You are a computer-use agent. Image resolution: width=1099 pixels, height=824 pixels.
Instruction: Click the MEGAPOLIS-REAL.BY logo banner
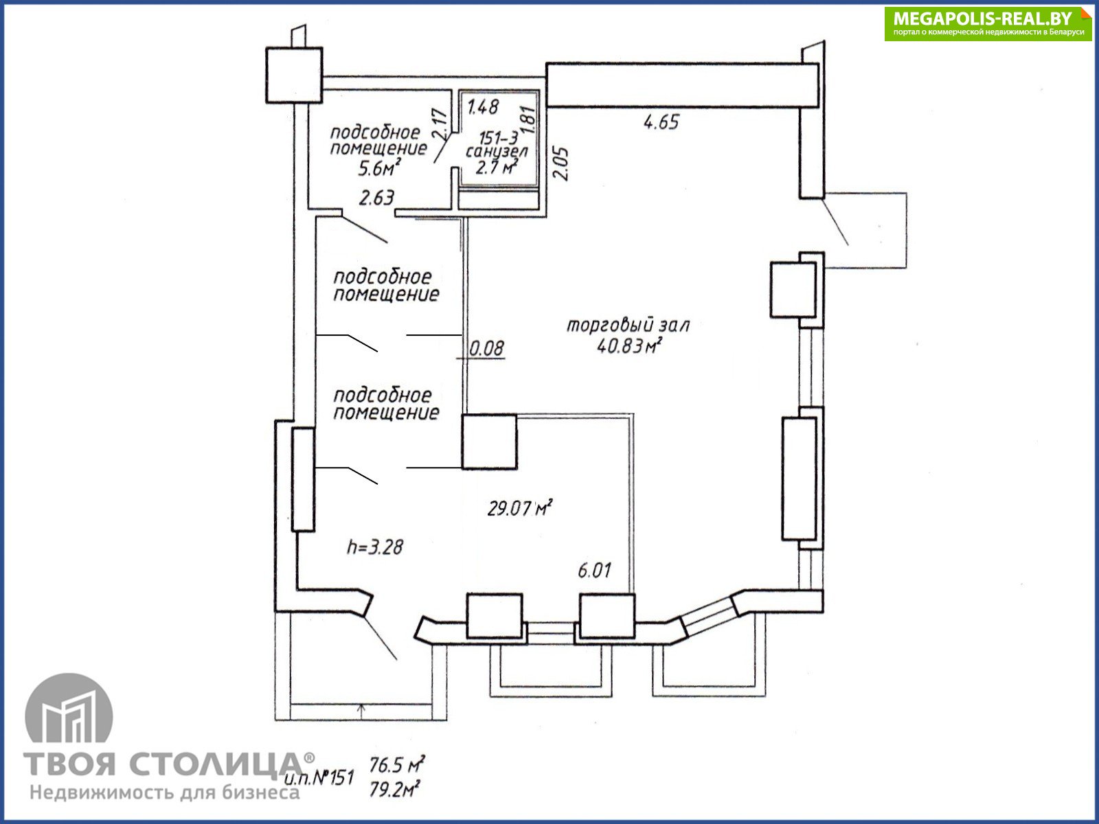[x=987, y=23]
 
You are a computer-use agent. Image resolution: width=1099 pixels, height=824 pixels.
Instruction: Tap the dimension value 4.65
[x=661, y=122]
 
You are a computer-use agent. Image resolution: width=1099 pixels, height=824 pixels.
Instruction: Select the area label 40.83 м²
[x=629, y=345]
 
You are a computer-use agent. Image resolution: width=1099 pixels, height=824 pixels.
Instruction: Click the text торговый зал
[x=628, y=325]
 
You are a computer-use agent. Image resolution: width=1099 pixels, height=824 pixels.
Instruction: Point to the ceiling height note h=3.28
[x=375, y=547]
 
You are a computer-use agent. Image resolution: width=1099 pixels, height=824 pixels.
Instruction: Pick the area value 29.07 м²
[x=520, y=508]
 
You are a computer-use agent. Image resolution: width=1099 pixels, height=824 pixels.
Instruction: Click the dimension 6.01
[x=594, y=571]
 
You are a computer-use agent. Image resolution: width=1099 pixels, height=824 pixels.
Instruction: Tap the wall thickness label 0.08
[x=486, y=348]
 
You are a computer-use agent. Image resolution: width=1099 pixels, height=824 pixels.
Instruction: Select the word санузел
[x=497, y=150]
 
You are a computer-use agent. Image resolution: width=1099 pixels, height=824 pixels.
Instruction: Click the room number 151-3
[x=498, y=137]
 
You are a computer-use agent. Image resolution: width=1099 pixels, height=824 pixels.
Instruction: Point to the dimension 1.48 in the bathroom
[x=483, y=107]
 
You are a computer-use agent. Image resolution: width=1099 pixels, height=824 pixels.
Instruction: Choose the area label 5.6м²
[x=379, y=168]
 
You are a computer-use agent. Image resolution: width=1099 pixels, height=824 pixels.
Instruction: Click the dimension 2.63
[x=376, y=198]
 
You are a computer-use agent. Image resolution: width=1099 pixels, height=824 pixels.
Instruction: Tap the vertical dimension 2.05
[x=560, y=163]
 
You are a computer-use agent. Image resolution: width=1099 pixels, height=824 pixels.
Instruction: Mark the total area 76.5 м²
[x=397, y=764]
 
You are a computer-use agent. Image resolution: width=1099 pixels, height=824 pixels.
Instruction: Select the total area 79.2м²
[x=394, y=790]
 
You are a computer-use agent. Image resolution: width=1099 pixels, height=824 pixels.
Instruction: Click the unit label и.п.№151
[x=319, y=778]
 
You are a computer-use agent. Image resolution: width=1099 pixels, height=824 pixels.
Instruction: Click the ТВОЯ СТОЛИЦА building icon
[x=69, y=708]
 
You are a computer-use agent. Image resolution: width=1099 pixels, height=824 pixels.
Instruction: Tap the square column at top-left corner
[x=294, y=76]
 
